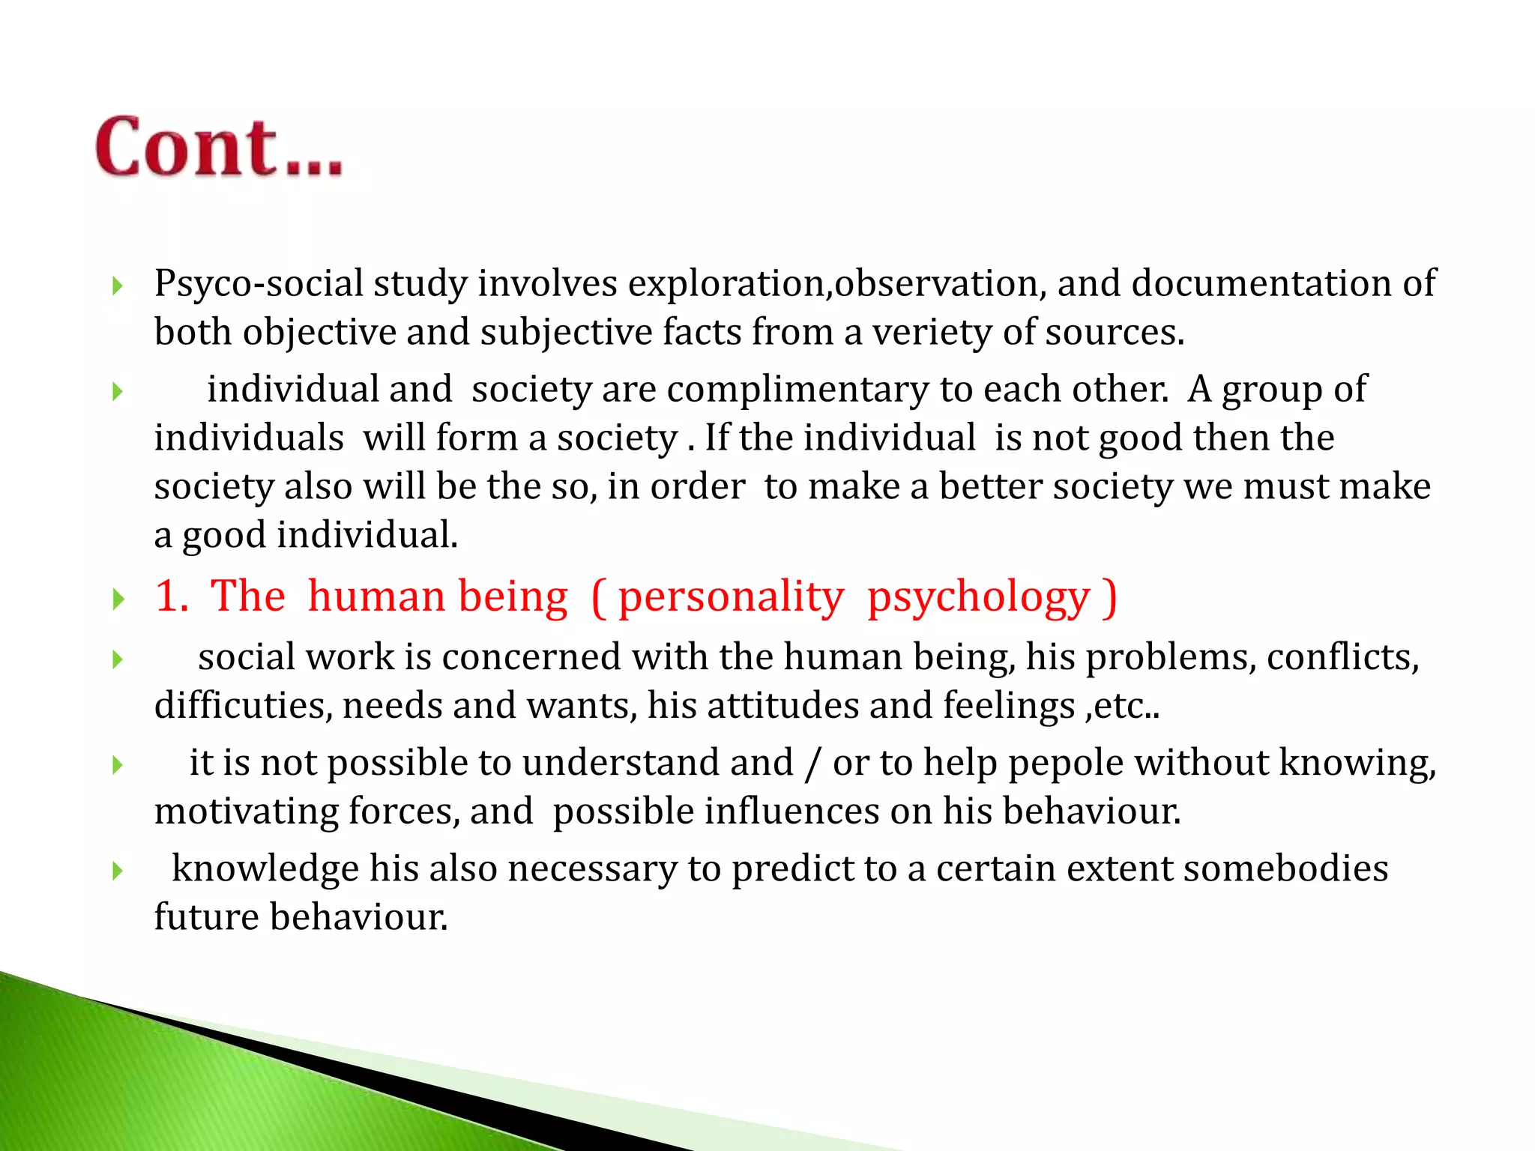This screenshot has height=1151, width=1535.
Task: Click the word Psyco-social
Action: [x=259, y=284]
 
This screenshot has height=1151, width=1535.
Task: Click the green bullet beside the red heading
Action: [x=117, y=599]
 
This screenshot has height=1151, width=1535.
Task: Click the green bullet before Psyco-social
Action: [x=117, y=286]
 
